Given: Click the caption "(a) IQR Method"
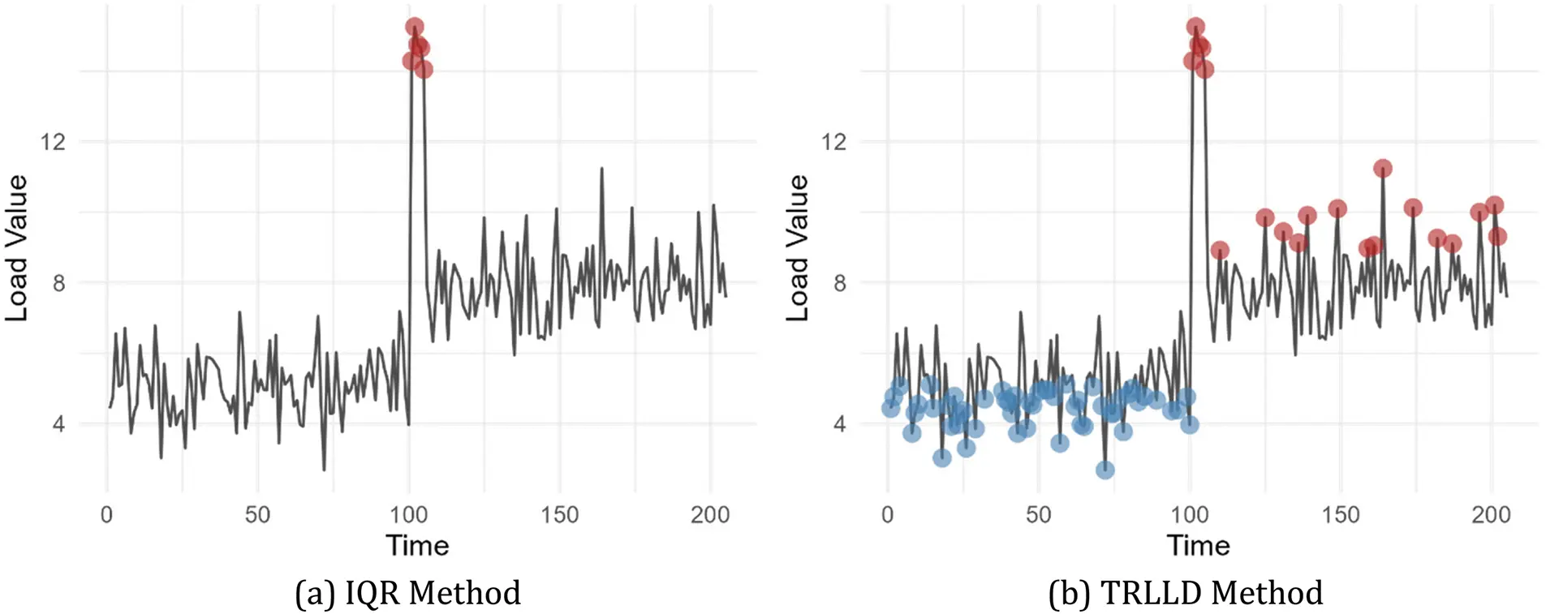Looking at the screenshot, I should (407, 593).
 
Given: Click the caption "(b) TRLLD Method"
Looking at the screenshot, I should (1185, 593).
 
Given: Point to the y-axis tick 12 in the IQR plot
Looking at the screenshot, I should (53, 142).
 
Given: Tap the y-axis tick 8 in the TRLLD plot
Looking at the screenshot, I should (839, 283).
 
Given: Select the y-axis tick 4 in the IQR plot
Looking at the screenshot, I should (58, 423).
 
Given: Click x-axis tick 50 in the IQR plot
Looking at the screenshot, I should (257, 515).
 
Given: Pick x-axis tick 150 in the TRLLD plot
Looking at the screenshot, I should (1340, 515).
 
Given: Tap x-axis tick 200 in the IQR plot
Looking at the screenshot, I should (710, 515).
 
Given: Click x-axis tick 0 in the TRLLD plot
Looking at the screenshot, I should (887, 515).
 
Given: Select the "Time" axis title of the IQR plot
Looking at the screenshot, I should (417, 545).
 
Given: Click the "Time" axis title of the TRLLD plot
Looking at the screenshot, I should (1198, 545).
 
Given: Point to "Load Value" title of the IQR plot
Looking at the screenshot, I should (17, 247).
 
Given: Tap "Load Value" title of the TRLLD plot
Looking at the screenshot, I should (798, 247).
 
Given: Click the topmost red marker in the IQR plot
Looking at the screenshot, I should (414, 27).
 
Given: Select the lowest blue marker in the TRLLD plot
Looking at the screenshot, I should (1105, 470).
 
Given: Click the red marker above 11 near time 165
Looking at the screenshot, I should (1383, 169).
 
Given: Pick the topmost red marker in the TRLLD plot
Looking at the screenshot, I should (1195, 27).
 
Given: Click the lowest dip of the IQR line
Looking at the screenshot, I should (324, 470).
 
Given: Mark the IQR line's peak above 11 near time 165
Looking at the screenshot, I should (601, 169).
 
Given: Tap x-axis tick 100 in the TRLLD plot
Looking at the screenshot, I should (1189, 515).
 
